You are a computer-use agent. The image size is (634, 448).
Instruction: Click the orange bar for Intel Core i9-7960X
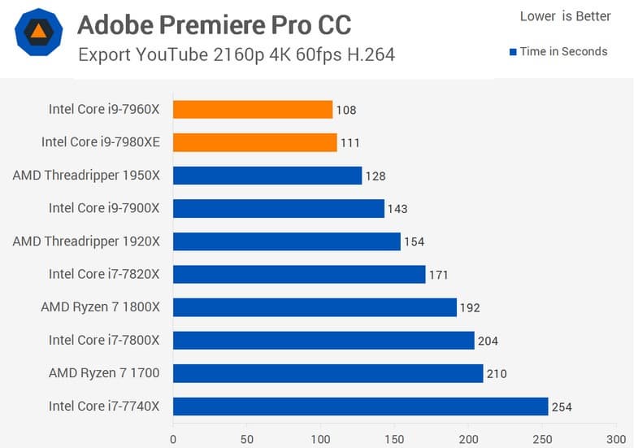tap(253, 109)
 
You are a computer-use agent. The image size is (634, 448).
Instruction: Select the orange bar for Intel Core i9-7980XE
tap(255, 142)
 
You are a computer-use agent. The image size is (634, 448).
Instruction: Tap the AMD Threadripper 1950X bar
tap(267, 176)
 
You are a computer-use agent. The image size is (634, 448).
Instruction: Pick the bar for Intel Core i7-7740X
tap(360, 407)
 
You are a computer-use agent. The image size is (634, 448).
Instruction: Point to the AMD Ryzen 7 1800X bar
tap(315, 307)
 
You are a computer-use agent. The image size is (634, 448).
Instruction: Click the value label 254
tap(562, 407)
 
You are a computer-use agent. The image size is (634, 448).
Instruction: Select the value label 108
tap(346, 110)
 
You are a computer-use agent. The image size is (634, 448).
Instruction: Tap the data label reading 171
tap(438, 275)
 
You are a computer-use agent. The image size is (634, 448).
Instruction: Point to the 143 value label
tap(397, 209)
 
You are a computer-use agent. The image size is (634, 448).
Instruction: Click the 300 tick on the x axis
tap(615, 439)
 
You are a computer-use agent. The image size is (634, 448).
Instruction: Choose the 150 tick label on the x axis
tap(394, 439)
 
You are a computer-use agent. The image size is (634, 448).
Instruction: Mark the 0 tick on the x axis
tap(173, 439)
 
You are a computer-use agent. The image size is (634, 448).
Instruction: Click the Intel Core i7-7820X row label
tap(104, 274)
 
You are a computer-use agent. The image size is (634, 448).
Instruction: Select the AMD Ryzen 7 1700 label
tap(104, 373)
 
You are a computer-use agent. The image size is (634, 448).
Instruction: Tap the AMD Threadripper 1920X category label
tap(86, 241)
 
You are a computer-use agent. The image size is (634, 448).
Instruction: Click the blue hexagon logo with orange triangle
tap(38, 32)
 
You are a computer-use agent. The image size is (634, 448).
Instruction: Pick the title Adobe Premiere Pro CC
tap(215, 25)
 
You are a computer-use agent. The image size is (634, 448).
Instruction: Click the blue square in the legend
tap(513, 52)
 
